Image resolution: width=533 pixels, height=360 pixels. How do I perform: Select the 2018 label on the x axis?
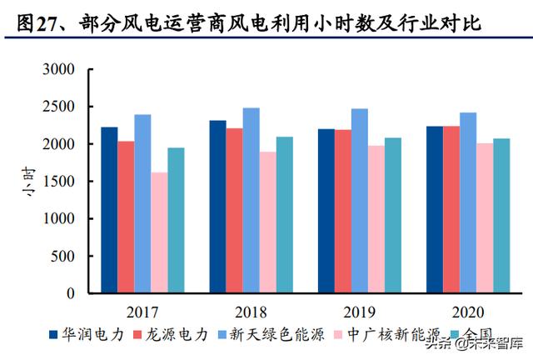point(251,312)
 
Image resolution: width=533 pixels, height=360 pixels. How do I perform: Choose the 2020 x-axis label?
point(467,312)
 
